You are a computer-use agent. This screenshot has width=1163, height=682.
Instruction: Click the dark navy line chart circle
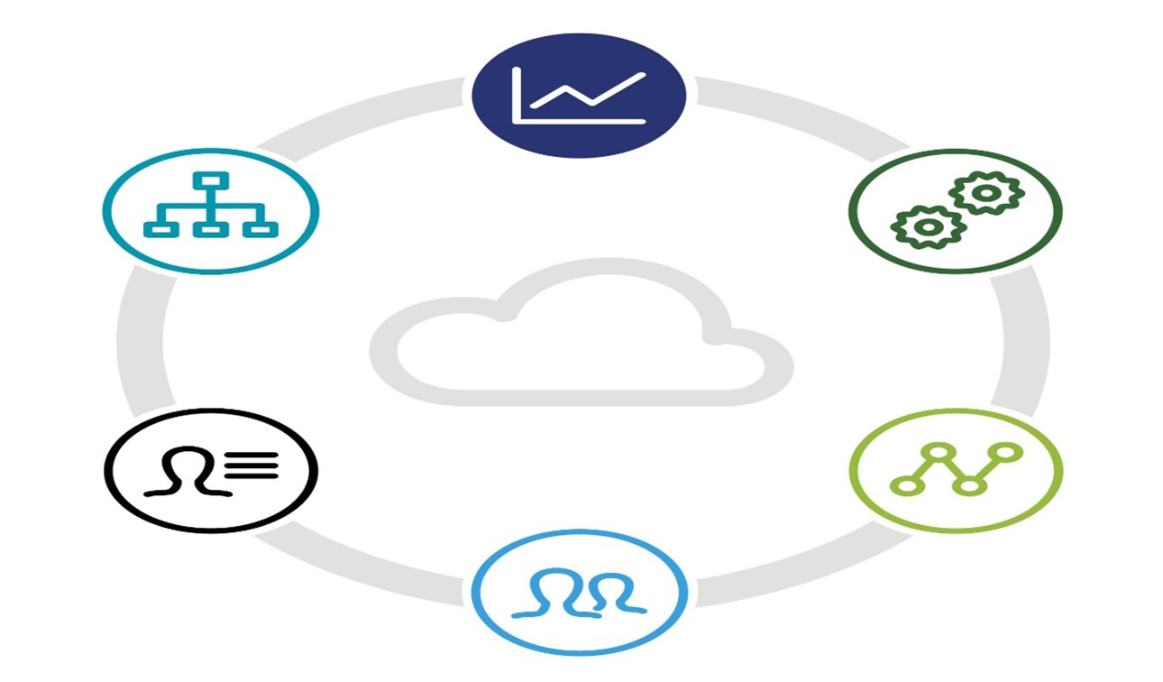pyautogui.click(x=579, y=95)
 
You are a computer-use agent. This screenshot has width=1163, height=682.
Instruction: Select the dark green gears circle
pyautogui.click(x=956, y=210)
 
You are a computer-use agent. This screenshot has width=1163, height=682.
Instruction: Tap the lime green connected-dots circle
pyautogui.click(x=956, y=470)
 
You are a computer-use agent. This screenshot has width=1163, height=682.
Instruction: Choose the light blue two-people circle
pyautogui.click(x=579, y=593)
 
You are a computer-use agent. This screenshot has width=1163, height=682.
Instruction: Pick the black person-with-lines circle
pyautogui.click(x=210, y=470)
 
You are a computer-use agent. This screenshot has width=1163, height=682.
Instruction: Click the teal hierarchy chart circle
pyautogui.click(x=210, y=210)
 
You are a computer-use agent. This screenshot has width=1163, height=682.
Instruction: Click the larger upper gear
pyautogui.click(x=986, y=192)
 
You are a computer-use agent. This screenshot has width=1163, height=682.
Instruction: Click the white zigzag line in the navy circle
pyautogui.click(x=590, y=91)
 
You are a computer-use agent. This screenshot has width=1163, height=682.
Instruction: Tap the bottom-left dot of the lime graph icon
pyautogui.click(x=903, y=486)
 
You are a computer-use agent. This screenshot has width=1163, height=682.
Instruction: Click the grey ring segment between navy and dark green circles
pyautogui.click(x=802, y=113)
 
